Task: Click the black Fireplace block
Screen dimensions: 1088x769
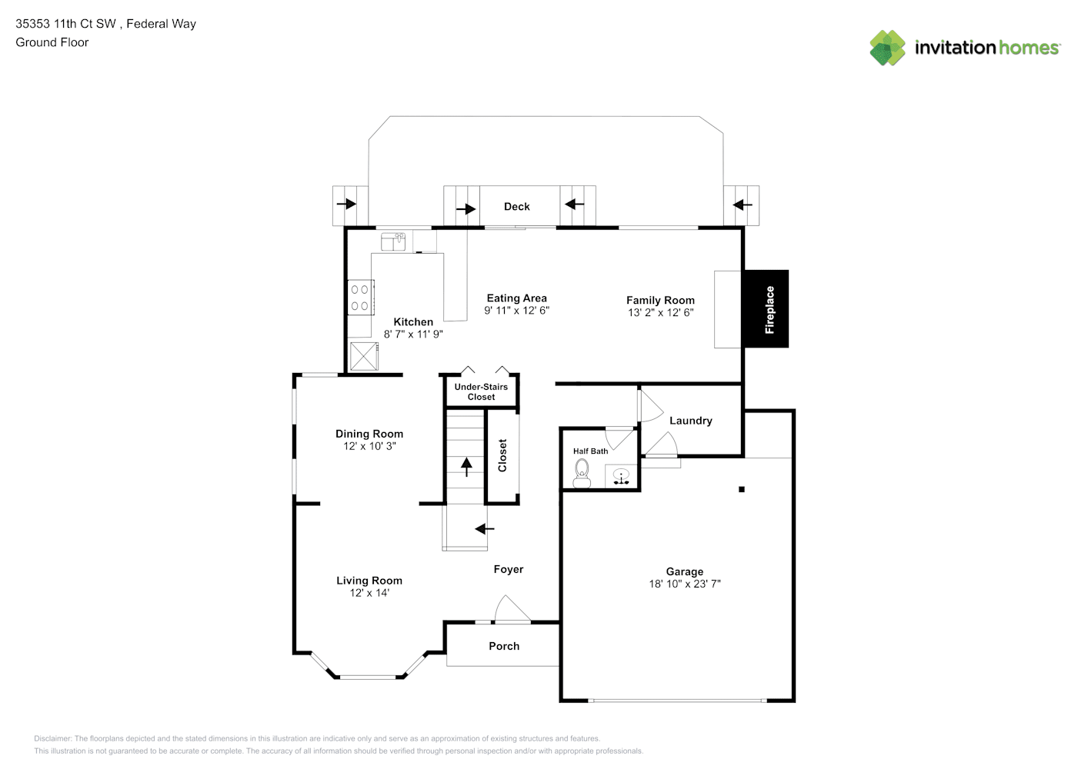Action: pyautogui.click(x=766, y=309)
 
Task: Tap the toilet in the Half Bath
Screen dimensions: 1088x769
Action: pyautogui.click(x=582, y=474)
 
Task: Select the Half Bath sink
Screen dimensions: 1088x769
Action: pyautogui.click(x=621, y=476)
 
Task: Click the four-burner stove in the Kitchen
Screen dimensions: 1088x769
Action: pyautogui.click(x=360, y=298)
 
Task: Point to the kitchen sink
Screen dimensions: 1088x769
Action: pyautogui.click(x=393, y=241)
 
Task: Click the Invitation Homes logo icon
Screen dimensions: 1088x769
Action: pyautogui.click(x=887, y=48)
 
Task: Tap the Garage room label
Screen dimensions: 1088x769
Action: pyautogui.click(x=684, y=571)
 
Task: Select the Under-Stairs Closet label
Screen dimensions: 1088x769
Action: pyautogui.click(x=481, y=391)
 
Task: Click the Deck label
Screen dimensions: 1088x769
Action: pyautogui.click(x=517, y=207)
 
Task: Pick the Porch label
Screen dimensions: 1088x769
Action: pyautogui.click(x=504, y=646)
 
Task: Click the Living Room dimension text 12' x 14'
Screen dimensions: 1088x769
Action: pyautogui.click(x=369, y=593)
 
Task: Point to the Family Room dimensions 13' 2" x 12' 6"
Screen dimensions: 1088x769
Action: pyautogui.click(x=660, y=313)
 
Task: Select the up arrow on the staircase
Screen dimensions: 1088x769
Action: pyautogui.click(x=466, y=467)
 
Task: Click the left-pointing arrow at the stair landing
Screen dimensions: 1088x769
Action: pyautogui.click(x=484, y=529)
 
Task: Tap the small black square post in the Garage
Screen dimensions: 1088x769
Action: pyautogui.click(x=742, y=489)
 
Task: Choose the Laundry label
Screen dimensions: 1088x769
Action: pyautogui.click(x=691, y=421)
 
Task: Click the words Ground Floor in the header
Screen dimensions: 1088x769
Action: pyautogui.click(x=52, y=42)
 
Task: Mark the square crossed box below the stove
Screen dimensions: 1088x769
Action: pyautogui.click(x=364, y=356)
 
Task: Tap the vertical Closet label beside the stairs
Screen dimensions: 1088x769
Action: pyautogui.click(x=502, y=455)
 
